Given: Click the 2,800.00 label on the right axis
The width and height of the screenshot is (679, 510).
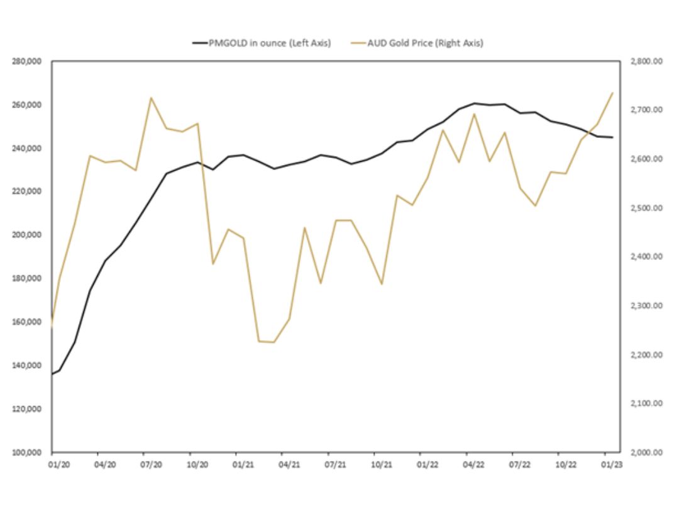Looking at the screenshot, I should point(646,61).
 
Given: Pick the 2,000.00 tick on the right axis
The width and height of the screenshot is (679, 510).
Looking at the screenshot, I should point(646,452).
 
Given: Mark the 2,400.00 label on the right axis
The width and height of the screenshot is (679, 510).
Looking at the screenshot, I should point(646,257).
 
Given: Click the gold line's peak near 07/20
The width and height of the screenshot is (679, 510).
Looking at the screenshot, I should point(152,98).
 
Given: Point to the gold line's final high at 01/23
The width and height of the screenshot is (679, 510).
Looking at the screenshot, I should point(612,93).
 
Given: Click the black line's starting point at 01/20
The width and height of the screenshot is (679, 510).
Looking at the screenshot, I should point(52,374).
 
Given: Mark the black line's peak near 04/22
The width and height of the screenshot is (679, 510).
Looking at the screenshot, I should point(474,103).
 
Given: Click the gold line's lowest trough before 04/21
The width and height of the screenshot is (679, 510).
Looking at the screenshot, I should point(273,342).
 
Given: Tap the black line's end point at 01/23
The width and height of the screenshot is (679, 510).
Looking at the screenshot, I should point(612,137).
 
